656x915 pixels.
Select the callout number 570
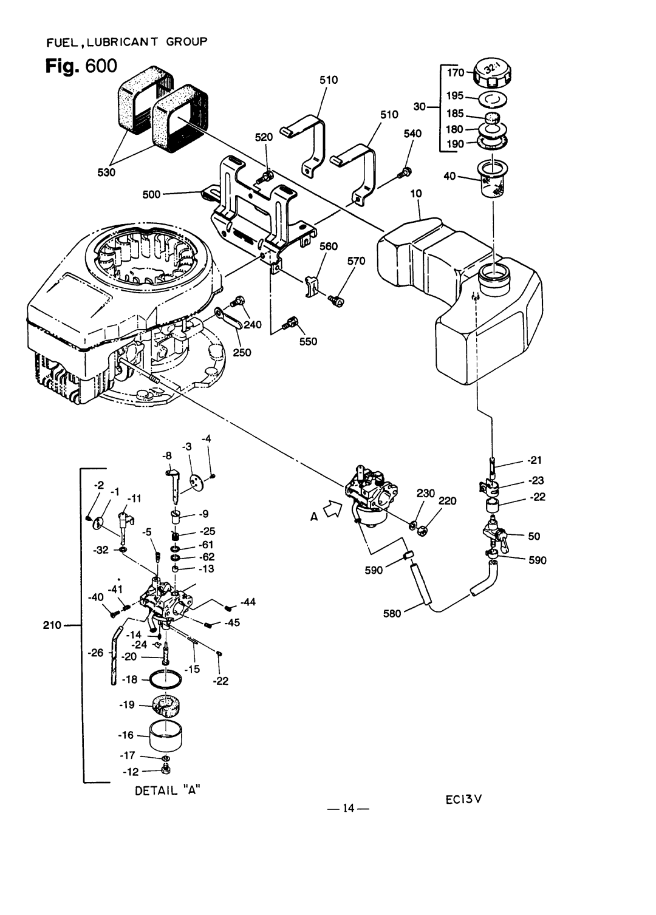tap(356, 261)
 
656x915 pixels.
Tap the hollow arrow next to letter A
tap(332, 510)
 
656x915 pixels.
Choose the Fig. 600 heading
tap(81, 66)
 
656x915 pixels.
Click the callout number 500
tap(151, 194)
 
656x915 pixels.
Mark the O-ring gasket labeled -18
tap(165, 679)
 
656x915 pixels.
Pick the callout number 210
tap(52, 625)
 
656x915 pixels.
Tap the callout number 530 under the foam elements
tap(106, 172)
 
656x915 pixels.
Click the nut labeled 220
tap(422, 531)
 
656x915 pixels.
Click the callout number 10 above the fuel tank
tap(416, 193)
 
